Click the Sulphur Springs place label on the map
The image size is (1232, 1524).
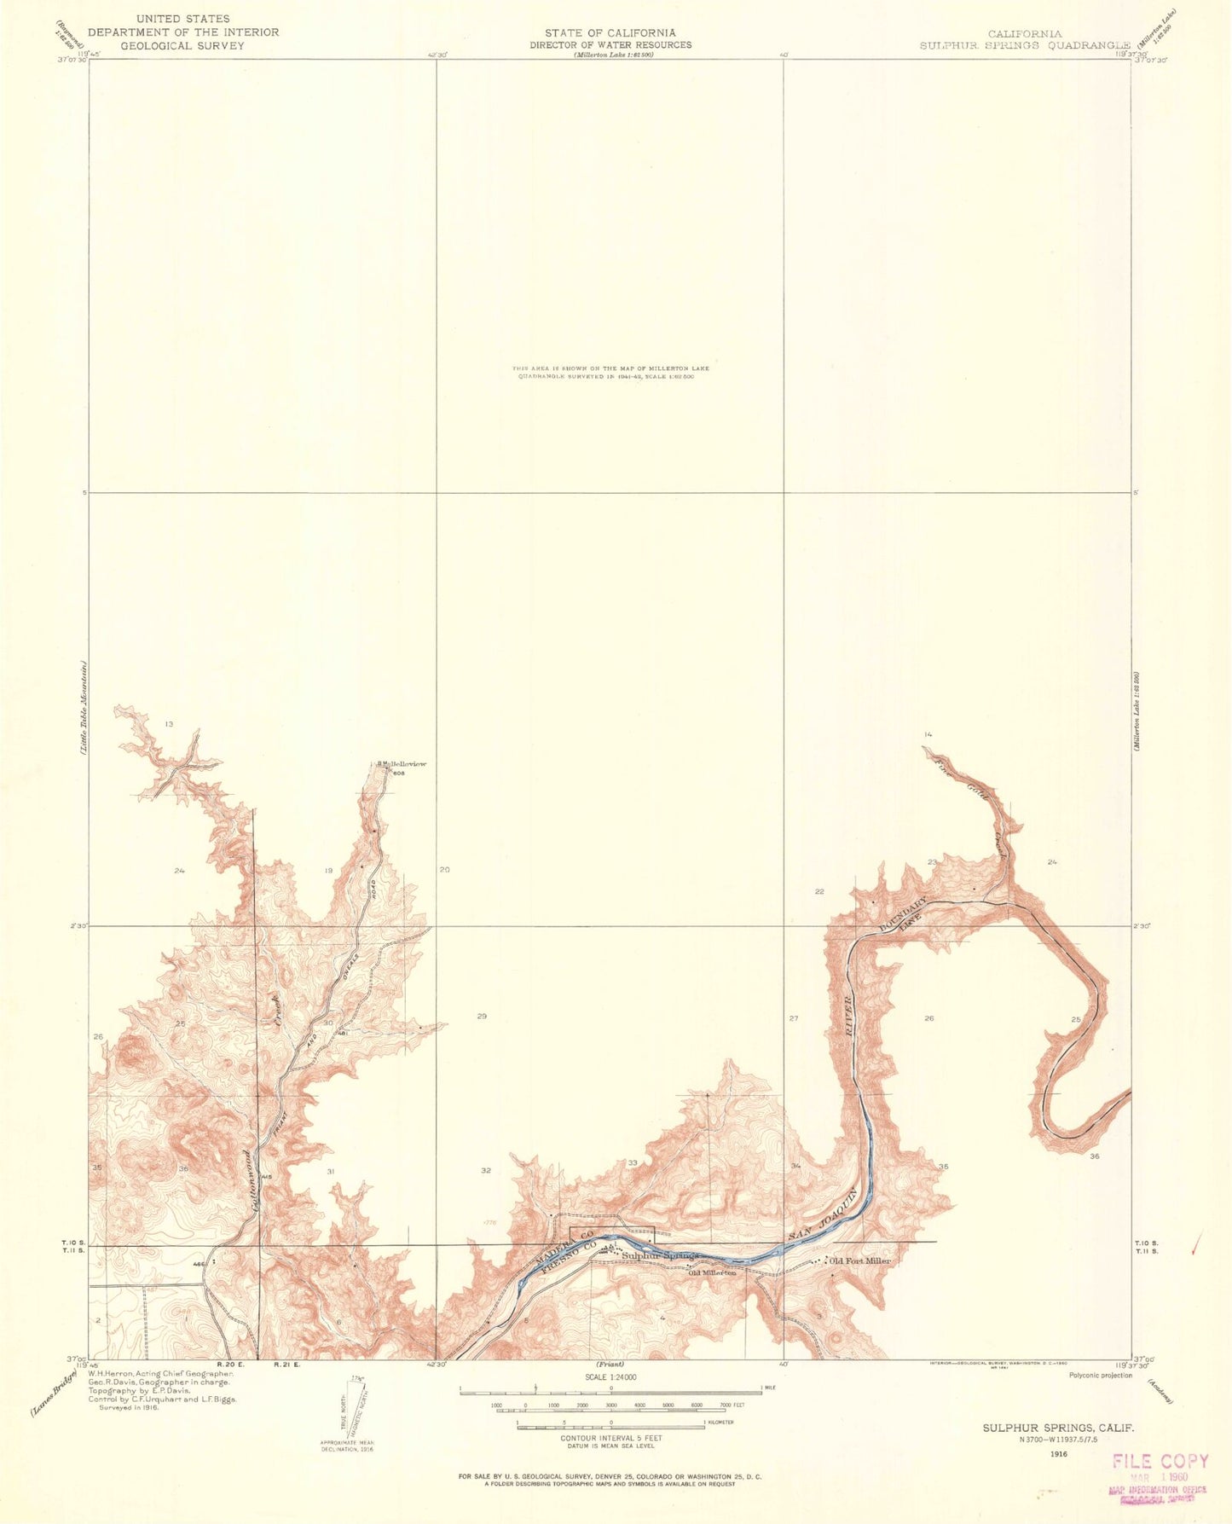tap(660, 1255)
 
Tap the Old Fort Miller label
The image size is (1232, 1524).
tap(859, 1260)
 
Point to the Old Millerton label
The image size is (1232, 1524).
tap(712, 1272)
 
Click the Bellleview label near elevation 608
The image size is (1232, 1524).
tap(402, 764)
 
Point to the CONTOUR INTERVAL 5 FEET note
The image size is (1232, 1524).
tap(610, 1438)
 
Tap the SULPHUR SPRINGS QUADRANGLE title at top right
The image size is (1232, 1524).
tap(1025, 45)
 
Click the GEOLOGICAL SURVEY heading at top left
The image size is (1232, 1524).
tap(182, 45)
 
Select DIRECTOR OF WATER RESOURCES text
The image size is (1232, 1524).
tap(610, 44)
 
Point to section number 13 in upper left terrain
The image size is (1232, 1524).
tap(169, 724)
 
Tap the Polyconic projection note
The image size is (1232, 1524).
tap(1101, 1375)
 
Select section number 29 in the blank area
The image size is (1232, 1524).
tap(482, 1017)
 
